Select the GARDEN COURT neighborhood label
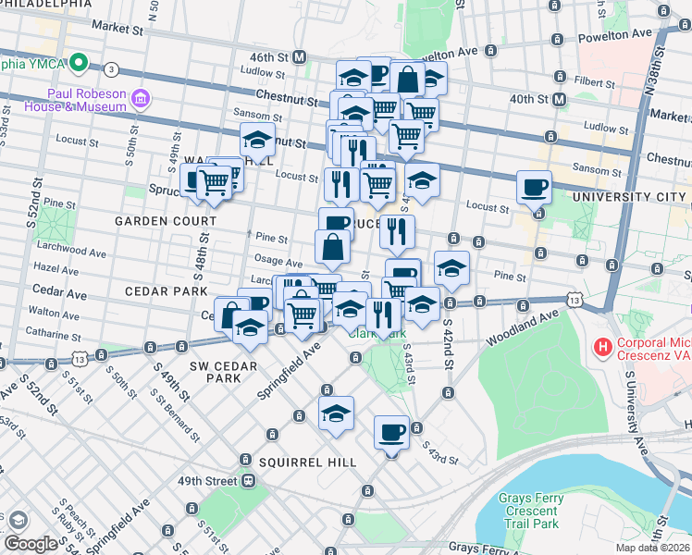pyautogui.click(x=166, y=221)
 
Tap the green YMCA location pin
pyautogui.click(x=80, y=65)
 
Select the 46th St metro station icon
pyautogui.click(x=300, y=56)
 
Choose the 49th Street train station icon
pyautogui.click(x=249, y=481)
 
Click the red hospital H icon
pyautogui.click(x=603, y=351)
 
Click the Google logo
pyautogui.click(x=31, y=544)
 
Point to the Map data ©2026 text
pyautogui.click(x=653, y=548)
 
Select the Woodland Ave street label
pyautogui.click(x=524, y=329)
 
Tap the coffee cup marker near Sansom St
pyautogui.click(x=534, y=187)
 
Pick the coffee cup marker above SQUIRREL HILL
pyautogui.click(x=391, y=431)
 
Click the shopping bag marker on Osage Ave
pyautogui.click(x=333, y=247)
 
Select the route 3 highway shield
pyautogui.click(x=111, y=69)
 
